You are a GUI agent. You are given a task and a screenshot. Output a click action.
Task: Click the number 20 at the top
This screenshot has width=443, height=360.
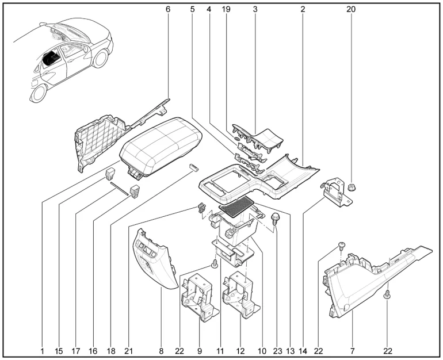point(351,9)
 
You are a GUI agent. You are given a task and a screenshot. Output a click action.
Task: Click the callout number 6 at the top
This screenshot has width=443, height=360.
point(168,9)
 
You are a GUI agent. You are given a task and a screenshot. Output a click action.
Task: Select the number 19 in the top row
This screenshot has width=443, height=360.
point(226,9)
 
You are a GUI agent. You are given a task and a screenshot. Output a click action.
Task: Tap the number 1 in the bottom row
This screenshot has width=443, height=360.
point(42,351)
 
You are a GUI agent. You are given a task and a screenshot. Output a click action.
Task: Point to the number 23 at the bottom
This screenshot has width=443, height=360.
point(277,351)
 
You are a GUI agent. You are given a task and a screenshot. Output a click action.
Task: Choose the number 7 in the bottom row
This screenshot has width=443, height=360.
point(353,351)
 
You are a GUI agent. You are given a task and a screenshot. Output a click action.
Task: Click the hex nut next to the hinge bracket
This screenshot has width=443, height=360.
point(351,187)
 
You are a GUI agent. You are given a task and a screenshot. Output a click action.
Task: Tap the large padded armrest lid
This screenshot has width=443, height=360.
point(161,147)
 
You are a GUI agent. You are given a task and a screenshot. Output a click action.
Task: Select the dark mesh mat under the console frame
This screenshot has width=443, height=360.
point(238,206)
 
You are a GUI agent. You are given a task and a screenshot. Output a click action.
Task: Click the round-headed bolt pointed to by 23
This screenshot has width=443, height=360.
point(274,219)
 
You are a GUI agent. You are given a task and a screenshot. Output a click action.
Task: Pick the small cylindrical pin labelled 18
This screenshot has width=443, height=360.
point(194,167)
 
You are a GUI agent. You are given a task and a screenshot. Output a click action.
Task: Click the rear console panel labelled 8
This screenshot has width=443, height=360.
point(154,260)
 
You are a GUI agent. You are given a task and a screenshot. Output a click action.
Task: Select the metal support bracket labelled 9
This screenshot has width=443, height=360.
point(199,297)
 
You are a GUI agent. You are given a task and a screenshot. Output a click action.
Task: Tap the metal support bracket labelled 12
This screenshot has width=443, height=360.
point(240,295)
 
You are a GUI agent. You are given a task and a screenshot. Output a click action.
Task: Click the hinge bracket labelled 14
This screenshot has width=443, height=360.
point(336,193)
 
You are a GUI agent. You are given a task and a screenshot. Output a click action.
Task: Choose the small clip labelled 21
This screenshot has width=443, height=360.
point(201,208)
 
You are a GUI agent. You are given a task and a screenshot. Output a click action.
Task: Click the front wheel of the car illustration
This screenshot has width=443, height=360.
point(100,59)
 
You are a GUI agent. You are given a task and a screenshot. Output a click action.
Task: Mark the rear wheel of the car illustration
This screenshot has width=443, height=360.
point(38,93)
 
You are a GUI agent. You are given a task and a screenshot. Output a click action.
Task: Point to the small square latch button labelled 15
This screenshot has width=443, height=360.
point(110,174)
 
